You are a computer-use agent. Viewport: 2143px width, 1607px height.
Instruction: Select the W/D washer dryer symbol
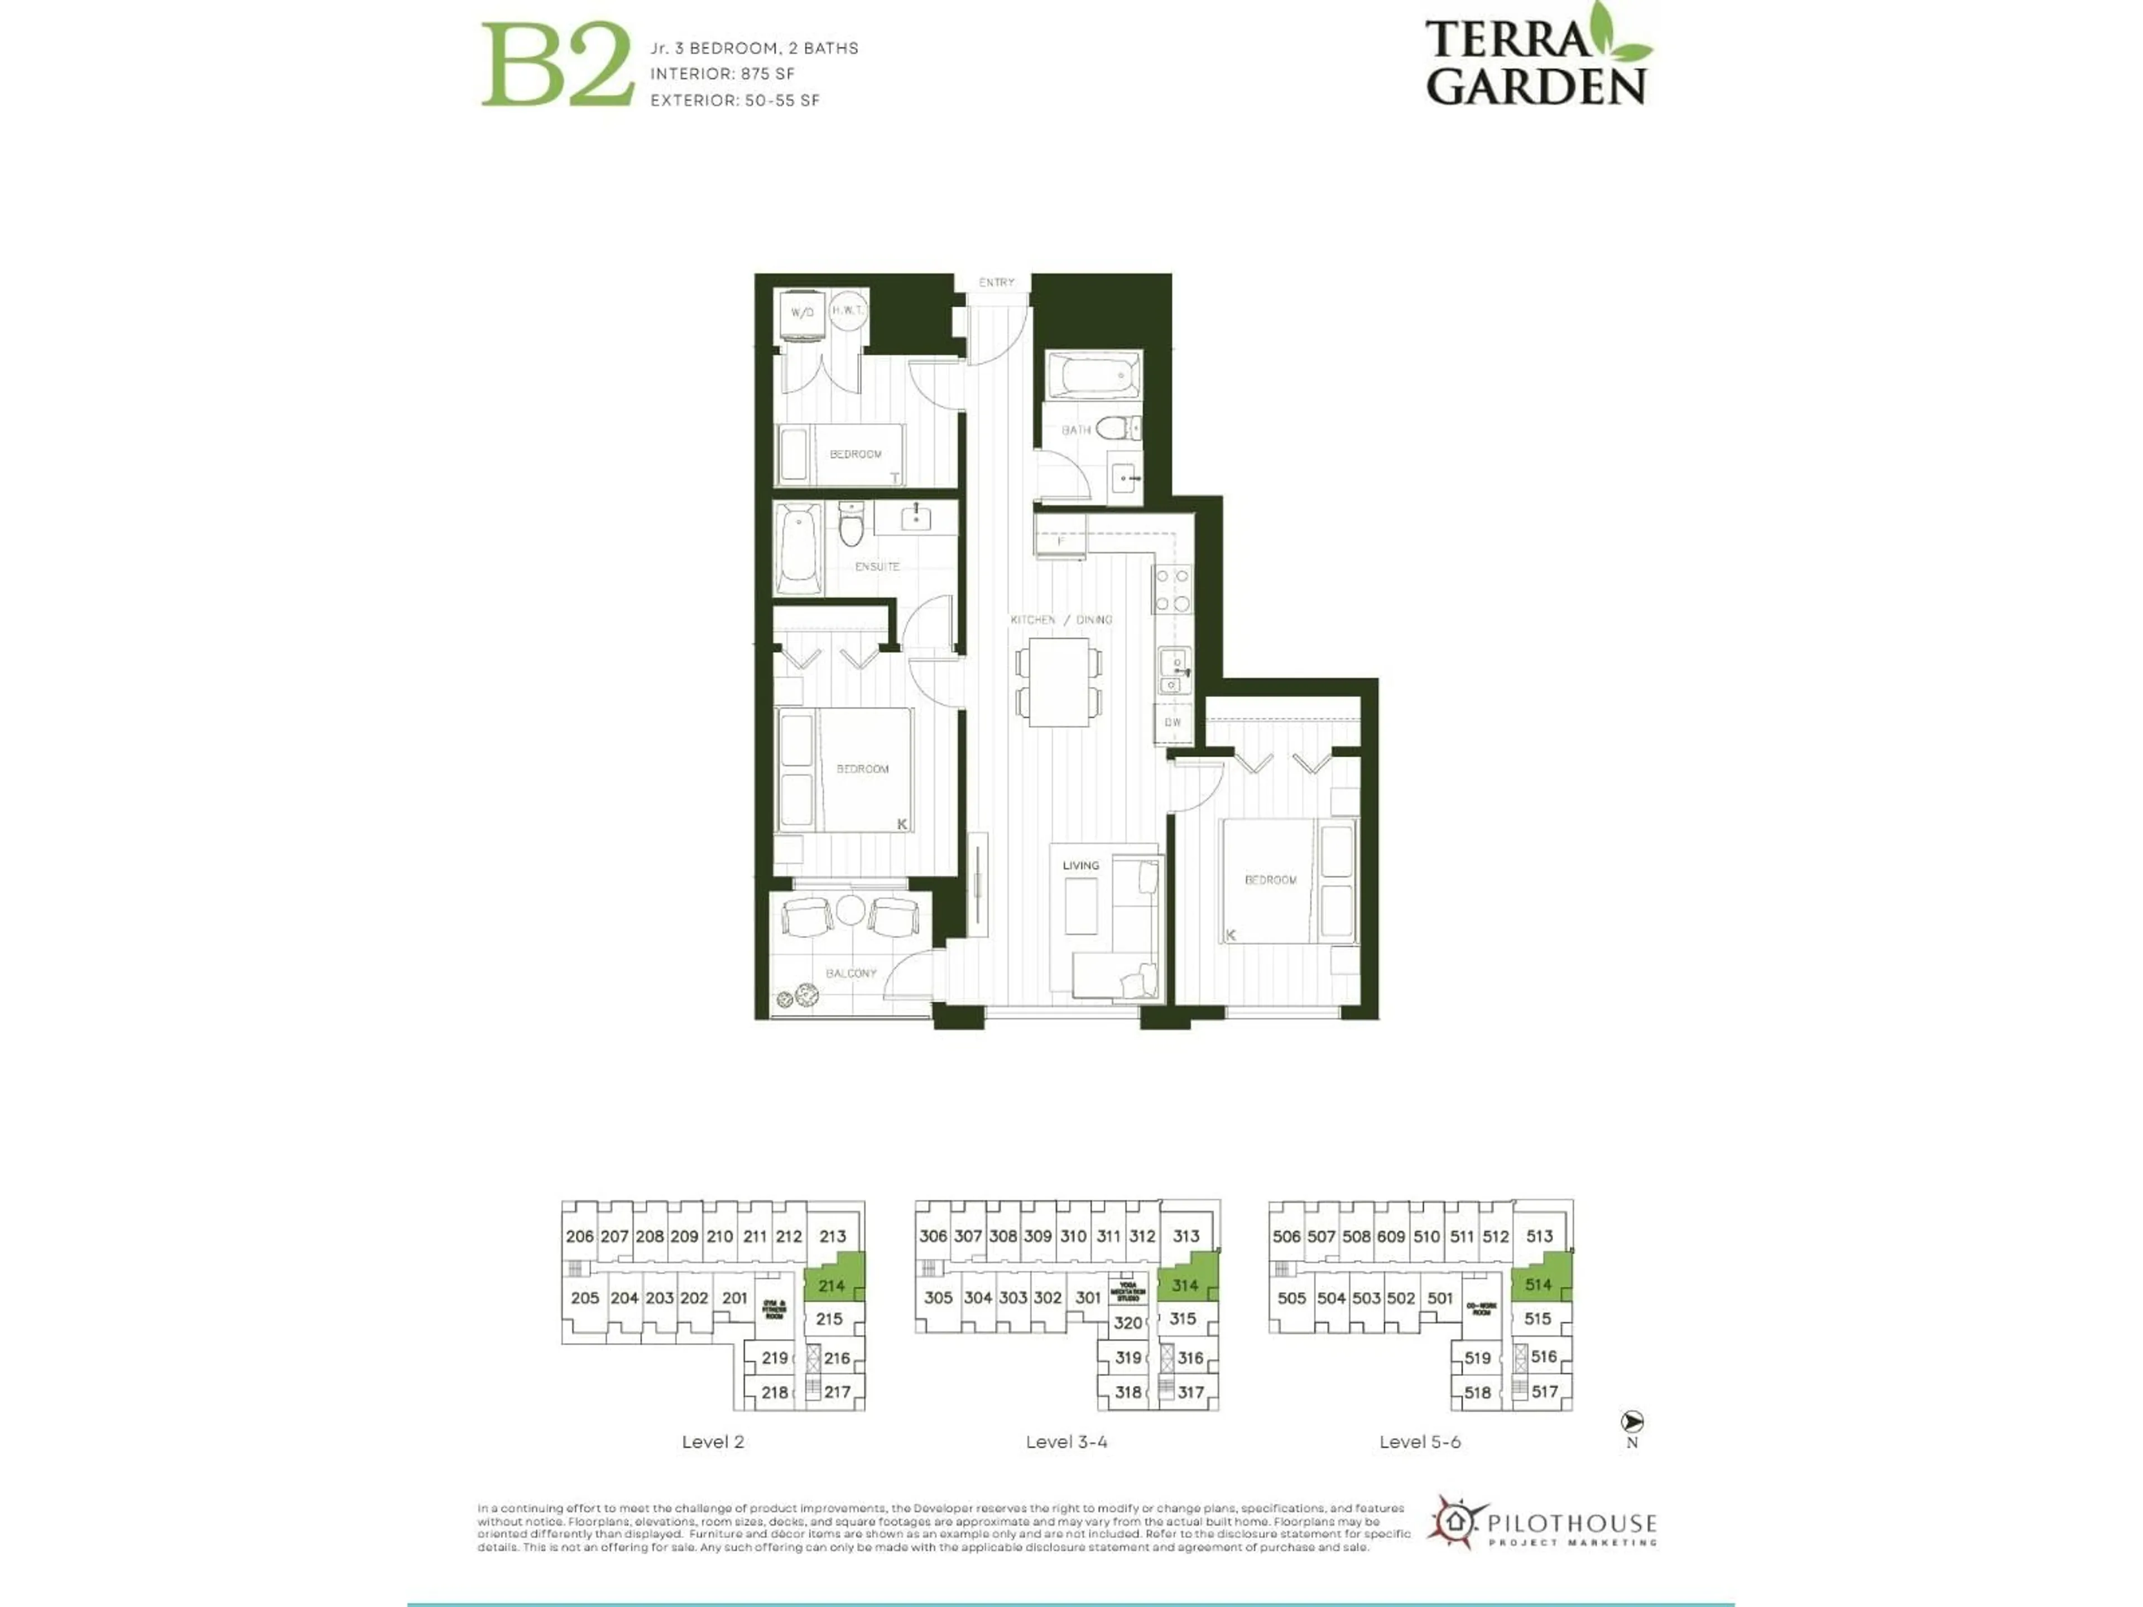pos(802,314)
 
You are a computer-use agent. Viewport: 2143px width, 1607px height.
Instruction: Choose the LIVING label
pos(1080,865)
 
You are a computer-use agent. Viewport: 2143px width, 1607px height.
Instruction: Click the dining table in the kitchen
pos(1059,681)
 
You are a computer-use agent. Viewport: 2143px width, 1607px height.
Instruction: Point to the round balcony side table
pos(849,911)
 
